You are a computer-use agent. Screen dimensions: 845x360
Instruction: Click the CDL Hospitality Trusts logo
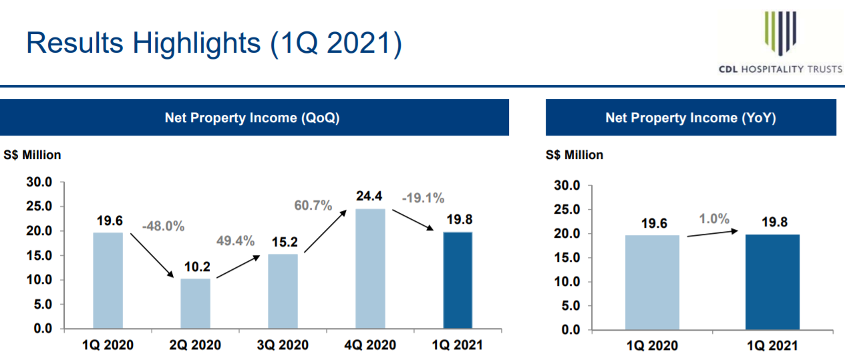coord(780,42)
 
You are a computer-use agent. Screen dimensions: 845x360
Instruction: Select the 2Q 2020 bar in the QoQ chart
coord(196,303)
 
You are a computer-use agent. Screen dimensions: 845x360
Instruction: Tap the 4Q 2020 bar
coord(371,268)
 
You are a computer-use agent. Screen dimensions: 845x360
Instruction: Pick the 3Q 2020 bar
coord(283,291)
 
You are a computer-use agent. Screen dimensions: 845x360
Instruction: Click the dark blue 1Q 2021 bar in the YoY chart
coord(773,283)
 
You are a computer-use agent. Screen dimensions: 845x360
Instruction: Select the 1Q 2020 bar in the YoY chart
coord(652,283)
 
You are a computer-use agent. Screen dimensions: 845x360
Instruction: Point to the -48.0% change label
coord(164,226)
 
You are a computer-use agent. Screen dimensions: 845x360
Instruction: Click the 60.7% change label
coord(313,205)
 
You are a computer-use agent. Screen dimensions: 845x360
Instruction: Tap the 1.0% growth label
coord(714,218)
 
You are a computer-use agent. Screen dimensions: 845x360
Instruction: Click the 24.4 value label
coord(369,196)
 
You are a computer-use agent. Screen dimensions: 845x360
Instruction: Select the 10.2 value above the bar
coord(197,266)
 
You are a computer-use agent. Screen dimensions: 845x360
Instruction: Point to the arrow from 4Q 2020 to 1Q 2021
coord(413,220)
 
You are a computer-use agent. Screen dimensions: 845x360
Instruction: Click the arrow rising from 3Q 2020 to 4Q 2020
coord(325,231)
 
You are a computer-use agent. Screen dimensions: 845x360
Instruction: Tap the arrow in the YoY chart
coord(713,233)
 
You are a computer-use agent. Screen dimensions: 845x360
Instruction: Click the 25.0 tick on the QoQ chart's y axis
coord(39,206)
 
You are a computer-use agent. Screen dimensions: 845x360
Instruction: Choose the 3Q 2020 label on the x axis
coord(283,345)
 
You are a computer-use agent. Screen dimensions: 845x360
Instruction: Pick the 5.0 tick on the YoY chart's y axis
coord(570,306)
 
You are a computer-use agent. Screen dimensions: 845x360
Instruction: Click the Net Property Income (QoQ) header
coord(252,118)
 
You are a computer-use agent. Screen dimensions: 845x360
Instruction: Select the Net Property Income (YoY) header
coord(691,118)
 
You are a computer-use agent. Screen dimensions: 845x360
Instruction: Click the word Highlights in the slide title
coord(196,44)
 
